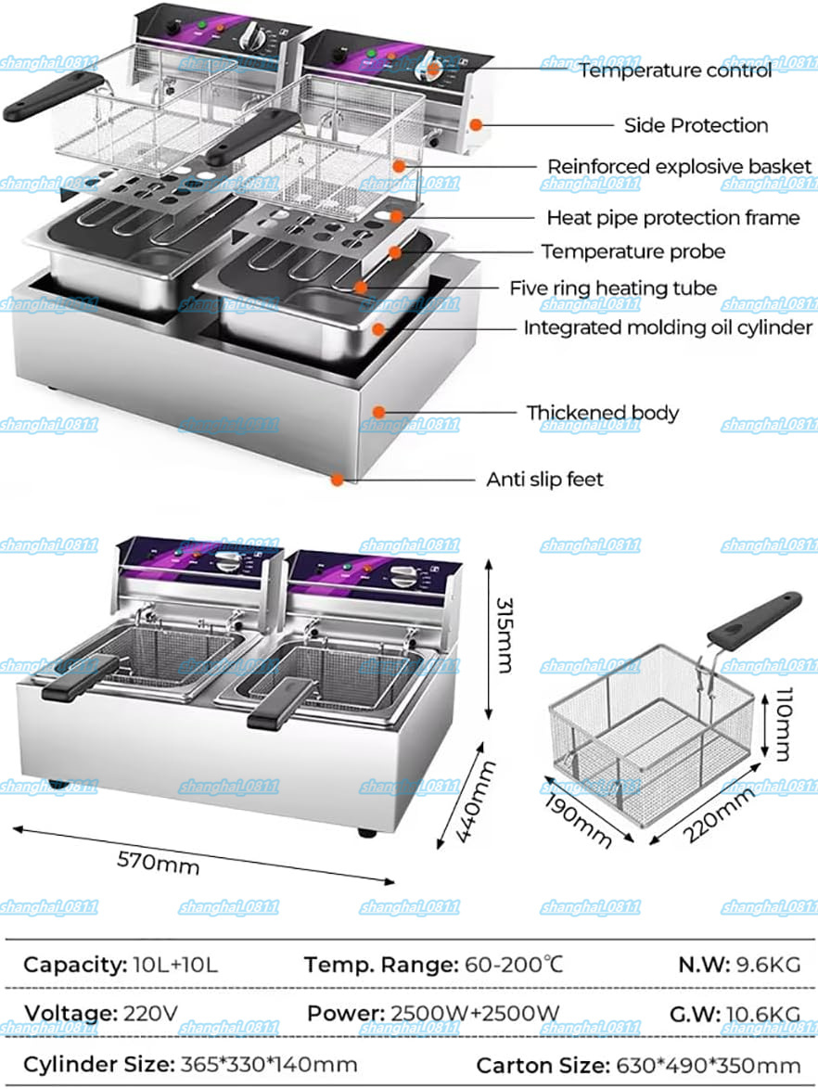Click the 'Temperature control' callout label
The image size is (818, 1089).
pos(675,70)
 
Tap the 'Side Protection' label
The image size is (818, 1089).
pos(696,125)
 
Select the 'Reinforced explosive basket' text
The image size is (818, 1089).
pos(679,167)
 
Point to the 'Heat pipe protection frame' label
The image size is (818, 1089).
pos(672,218)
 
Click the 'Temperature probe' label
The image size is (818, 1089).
pos(633,251)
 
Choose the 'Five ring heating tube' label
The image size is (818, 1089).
pos(613,288)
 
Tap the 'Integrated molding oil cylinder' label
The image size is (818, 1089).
pos(668,327)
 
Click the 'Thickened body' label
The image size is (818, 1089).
pos(603,413)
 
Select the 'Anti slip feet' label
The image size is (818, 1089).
pos(544,480)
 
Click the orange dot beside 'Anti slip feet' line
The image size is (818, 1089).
pos(338,480)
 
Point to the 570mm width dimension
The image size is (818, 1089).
pos(158,862)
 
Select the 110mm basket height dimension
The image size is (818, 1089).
pos(779,724)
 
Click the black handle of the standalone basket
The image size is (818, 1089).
pos(753,619)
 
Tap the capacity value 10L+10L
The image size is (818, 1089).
pos(173,965)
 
